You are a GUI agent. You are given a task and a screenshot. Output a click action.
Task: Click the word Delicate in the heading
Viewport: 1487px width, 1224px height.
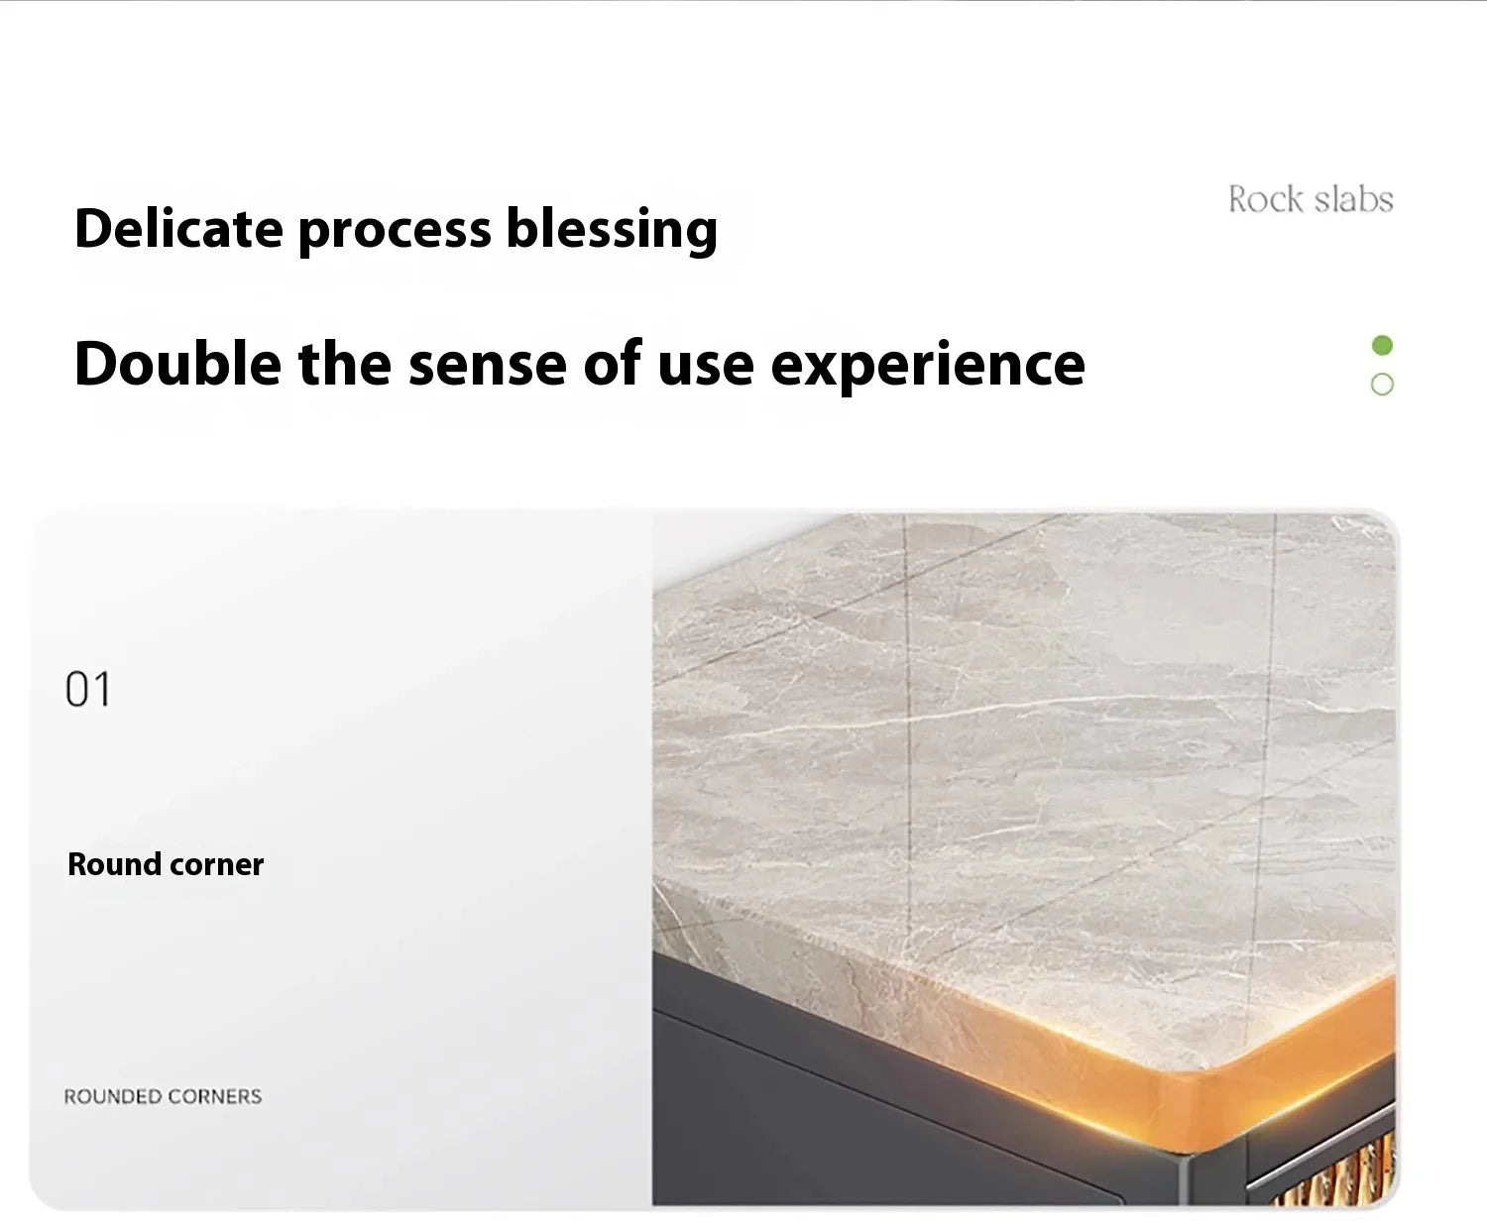coord(179,228)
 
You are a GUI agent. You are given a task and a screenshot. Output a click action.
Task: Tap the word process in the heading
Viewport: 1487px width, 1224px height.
coord(395,233)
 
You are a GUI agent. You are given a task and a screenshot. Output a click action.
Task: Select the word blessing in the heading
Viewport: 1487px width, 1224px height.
coord(612,230)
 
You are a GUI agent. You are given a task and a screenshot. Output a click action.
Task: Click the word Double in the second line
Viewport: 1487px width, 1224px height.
coord(177,363)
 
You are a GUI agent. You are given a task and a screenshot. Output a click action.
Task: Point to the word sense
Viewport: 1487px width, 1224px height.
coord(488,367)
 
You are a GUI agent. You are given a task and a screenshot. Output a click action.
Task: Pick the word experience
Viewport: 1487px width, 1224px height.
coord(928,367)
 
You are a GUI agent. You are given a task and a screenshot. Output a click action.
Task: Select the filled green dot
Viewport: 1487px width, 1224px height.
coord(1383,346)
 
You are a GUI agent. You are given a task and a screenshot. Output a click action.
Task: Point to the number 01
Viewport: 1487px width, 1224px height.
coord(88,689)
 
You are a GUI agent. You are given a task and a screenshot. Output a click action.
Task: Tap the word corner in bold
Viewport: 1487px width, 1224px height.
coord(217,865)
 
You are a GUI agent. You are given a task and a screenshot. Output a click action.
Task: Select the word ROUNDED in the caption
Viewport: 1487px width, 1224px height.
coord(113,1096)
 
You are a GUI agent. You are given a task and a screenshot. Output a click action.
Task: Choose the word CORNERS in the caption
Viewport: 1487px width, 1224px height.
coord(215,1096)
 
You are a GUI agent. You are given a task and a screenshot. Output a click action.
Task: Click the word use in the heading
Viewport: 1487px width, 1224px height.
coord(706,367)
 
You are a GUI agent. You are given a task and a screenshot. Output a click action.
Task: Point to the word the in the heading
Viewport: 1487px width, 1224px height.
coord(345,363)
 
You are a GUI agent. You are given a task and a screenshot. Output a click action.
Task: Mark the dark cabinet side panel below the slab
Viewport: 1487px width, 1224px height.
coord(881,1100)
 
